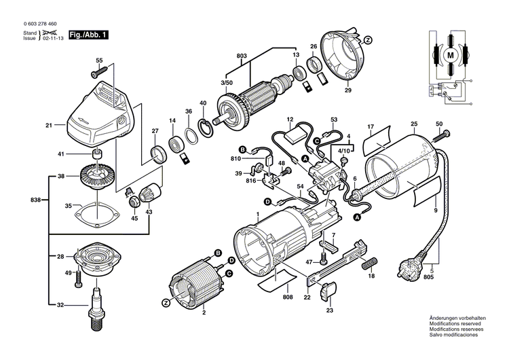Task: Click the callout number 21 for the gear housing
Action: coord(49,126)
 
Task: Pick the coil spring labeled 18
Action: coord(371,262)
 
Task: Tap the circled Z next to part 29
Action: coord(368,40)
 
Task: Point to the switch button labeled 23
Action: coord(328,290)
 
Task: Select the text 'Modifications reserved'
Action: coord(452,324)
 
